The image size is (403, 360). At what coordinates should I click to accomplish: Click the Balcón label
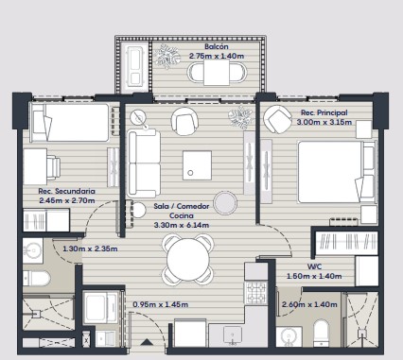(217, 46)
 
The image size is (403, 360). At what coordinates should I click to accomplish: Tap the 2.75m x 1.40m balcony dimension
(217, 56)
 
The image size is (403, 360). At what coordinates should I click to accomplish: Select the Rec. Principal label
(324, 112)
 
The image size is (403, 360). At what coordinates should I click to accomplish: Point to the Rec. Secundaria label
(66, 191)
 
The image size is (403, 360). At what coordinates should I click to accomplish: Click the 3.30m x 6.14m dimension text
(182, 225)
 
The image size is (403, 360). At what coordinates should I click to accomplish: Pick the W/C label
(314, 266)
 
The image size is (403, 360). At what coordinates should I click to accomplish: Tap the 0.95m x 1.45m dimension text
(161, 304)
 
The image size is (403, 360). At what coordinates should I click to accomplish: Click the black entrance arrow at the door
(147, 342)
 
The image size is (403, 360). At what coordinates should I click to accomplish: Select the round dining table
(188, 259)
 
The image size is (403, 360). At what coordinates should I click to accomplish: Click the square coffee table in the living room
(197, 165)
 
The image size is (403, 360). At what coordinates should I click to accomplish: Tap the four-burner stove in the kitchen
(256, 293)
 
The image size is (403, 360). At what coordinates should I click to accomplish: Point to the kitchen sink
(233, 335)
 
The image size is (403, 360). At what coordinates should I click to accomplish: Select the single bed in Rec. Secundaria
(69, 123)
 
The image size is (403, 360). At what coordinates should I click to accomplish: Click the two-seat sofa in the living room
(144, 163)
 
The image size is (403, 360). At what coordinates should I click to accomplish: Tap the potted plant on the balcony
(166, 56)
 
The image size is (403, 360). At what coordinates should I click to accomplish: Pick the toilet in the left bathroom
(36, 278)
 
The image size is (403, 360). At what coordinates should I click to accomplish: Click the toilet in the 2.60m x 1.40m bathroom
(322, 334)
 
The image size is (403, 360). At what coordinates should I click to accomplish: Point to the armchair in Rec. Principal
(277, 119)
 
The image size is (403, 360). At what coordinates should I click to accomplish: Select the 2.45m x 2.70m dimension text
(67, 200)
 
